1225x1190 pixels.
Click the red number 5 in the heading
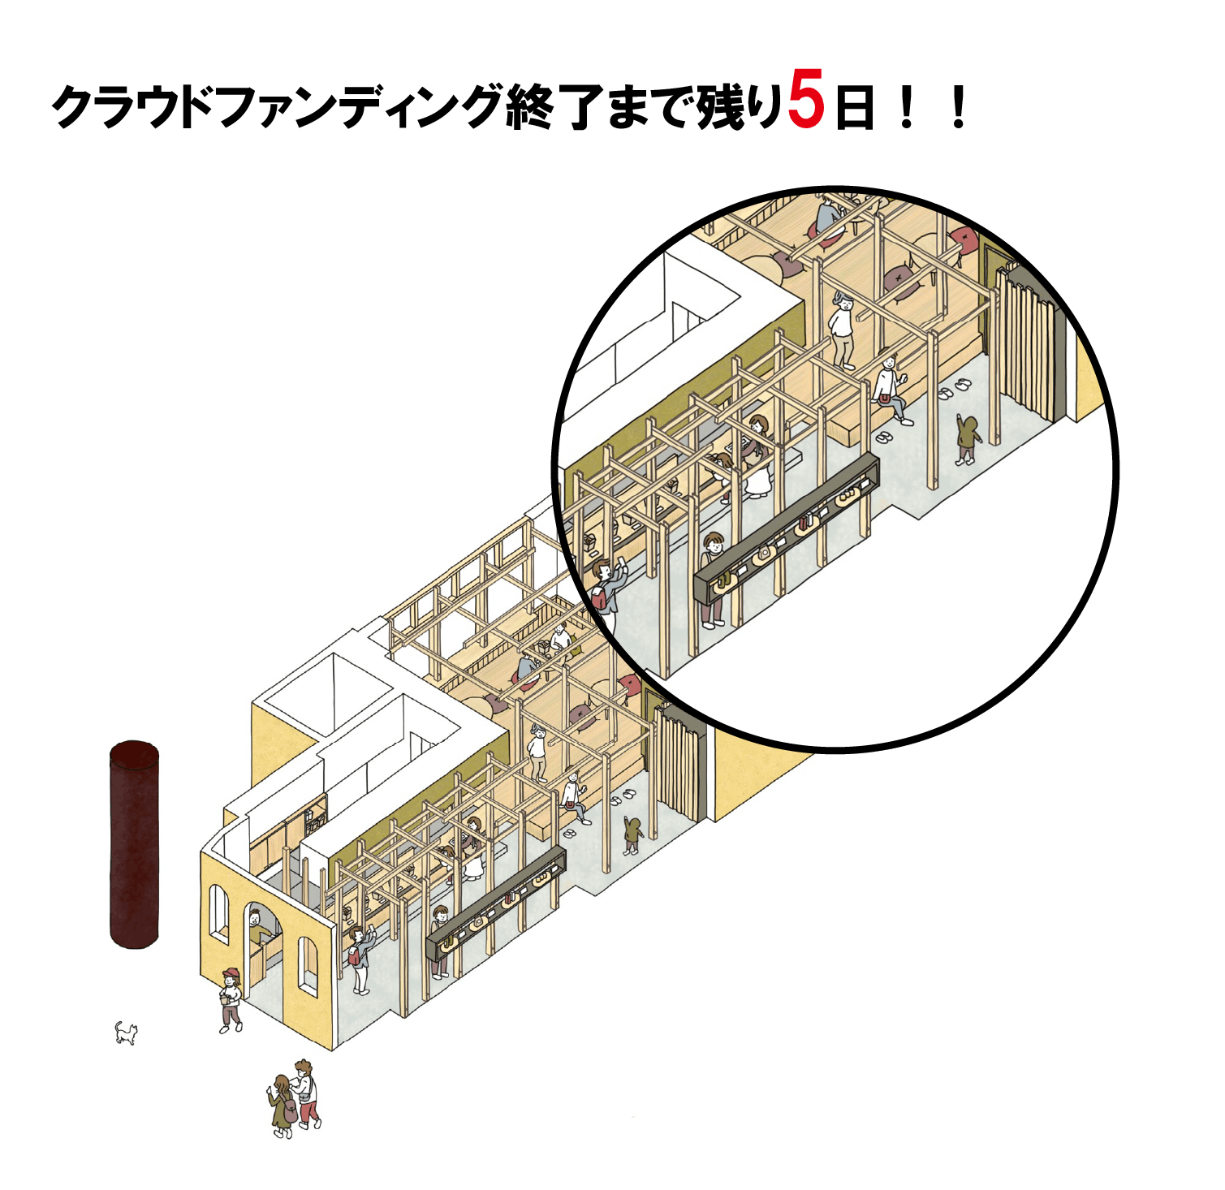(806, 97)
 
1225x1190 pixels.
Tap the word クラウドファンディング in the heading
(278, 106)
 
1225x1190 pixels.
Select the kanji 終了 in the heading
(554, 106)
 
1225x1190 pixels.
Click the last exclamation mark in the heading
(959, 108)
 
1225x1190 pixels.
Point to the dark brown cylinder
(135, 844)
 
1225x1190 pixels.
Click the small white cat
(126, 1033)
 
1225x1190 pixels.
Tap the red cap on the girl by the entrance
(231, 972)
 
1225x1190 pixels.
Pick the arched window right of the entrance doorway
(308, 966)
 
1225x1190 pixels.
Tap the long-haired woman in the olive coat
(281, 1106)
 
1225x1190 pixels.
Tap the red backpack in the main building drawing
(354, 955)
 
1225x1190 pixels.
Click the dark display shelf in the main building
(496, 903)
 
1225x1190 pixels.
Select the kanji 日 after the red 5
(854, 108)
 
